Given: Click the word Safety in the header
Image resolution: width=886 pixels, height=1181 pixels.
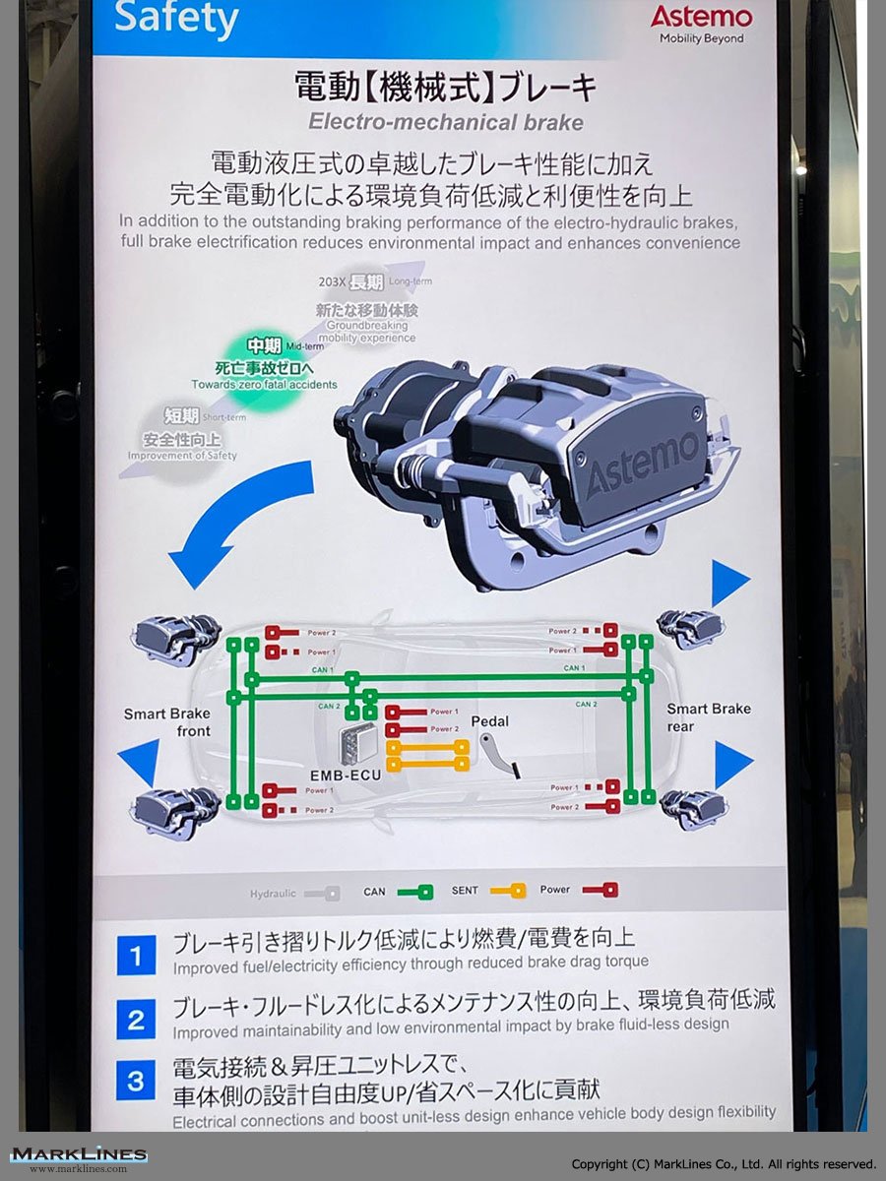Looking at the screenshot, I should point(176,19).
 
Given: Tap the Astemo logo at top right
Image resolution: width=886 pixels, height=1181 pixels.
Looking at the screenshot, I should point(701,18).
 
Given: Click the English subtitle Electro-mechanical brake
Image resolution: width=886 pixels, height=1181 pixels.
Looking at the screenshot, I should point(445,122).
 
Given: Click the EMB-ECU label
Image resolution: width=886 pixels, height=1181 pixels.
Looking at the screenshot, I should point(345,775).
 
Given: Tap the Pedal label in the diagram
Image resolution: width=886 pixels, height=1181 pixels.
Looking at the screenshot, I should point(489,721).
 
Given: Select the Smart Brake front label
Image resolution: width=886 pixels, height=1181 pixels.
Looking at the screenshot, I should point(167,721).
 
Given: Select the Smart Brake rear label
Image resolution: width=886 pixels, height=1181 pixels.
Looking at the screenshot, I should point(709,716).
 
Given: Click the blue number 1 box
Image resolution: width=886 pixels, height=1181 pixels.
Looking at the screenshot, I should point(136,956).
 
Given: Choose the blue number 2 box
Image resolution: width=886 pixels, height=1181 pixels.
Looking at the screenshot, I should point(136,1019).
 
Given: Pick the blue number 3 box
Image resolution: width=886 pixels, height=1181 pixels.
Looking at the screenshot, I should point(136,1082).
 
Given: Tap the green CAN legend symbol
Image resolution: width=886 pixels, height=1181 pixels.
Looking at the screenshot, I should point(414,893).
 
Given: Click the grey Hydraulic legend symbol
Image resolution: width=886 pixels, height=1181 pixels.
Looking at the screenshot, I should point(322,894).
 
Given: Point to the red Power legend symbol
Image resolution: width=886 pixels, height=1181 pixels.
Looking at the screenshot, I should point(600,891).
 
